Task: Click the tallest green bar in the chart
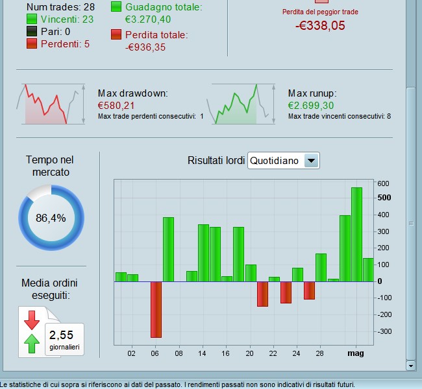coord(356,234)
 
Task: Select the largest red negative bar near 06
coord(156,309)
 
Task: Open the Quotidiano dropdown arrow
coord(312,160)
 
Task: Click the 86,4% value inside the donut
coord(51,218)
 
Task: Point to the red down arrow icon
coord(31,320)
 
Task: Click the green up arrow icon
coord(31,344)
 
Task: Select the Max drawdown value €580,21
coord(116,105)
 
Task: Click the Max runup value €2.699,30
coord(311,105)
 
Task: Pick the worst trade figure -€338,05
coord(320,26)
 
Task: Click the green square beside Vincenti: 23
coord(32,19)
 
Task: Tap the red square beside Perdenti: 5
coord(32,43)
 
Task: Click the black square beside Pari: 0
coord(32,32)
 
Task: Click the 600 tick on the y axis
coord(383,183)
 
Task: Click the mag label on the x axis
coord(356,353)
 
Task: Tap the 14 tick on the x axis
coord(203,353)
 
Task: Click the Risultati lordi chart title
coord(216,160)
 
